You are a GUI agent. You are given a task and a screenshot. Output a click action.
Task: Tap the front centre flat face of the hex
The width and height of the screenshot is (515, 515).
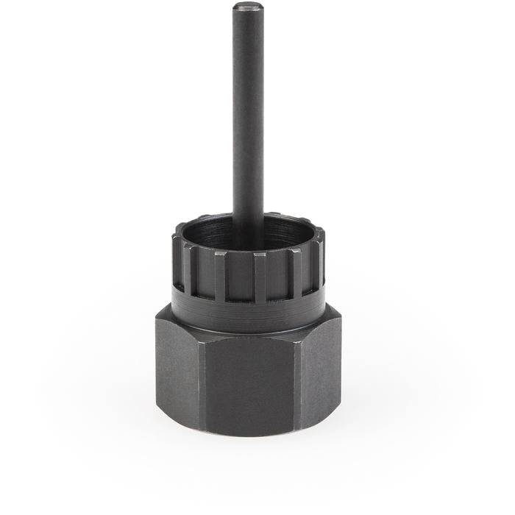[246, 383]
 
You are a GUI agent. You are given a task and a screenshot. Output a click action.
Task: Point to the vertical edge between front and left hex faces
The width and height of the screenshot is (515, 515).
[200, 383]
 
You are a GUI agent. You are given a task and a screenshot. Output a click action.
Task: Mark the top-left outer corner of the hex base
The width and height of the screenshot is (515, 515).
[156, 314]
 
